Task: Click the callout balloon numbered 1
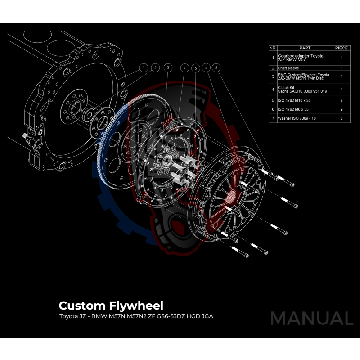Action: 143,67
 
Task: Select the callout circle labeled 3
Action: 167,67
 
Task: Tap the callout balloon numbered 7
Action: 184,67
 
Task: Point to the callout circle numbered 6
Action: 217,67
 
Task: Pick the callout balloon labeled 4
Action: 206,67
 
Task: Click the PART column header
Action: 305,48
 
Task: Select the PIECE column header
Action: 341,48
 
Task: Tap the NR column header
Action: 273,48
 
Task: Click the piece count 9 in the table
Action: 341,109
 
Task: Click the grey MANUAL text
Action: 311,318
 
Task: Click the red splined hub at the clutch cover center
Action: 233,196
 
